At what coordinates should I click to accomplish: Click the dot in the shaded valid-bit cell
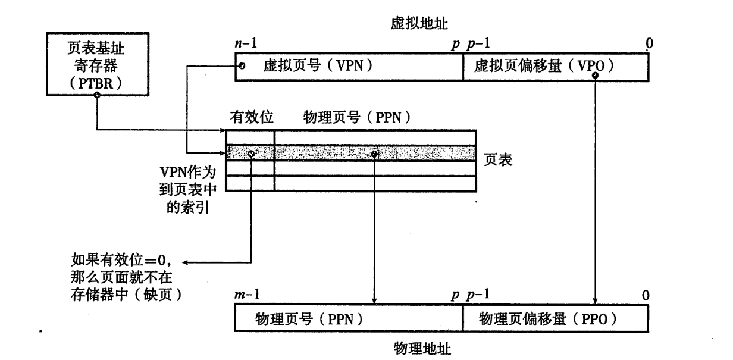tap(251, 154)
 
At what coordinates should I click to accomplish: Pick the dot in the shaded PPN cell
tap(374, 154)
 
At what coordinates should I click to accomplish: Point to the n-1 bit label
tap(245, 43)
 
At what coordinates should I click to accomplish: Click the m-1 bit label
tap(246, 295)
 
